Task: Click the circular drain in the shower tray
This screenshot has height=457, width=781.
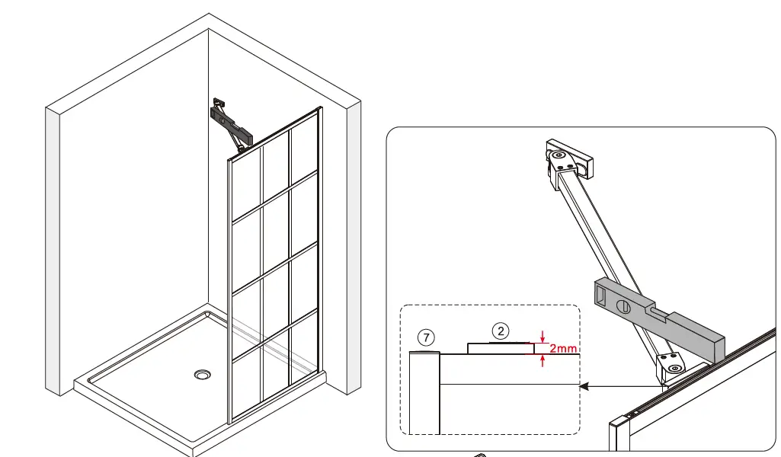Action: [202, 374]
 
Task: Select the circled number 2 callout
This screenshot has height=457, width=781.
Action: [500, 330]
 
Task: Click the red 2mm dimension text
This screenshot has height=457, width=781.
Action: [563, 350]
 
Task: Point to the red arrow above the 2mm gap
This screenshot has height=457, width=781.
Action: [542, 336]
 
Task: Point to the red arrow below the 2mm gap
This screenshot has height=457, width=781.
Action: [542, 362]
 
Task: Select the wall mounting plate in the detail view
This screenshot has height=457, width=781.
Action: [568, 158]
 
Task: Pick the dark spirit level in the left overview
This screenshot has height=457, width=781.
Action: [231, 124]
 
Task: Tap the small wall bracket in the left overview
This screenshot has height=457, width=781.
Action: [219, 102]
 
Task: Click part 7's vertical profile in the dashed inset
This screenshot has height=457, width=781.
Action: [424, 392]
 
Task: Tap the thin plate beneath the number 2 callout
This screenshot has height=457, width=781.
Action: [500, 349]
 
